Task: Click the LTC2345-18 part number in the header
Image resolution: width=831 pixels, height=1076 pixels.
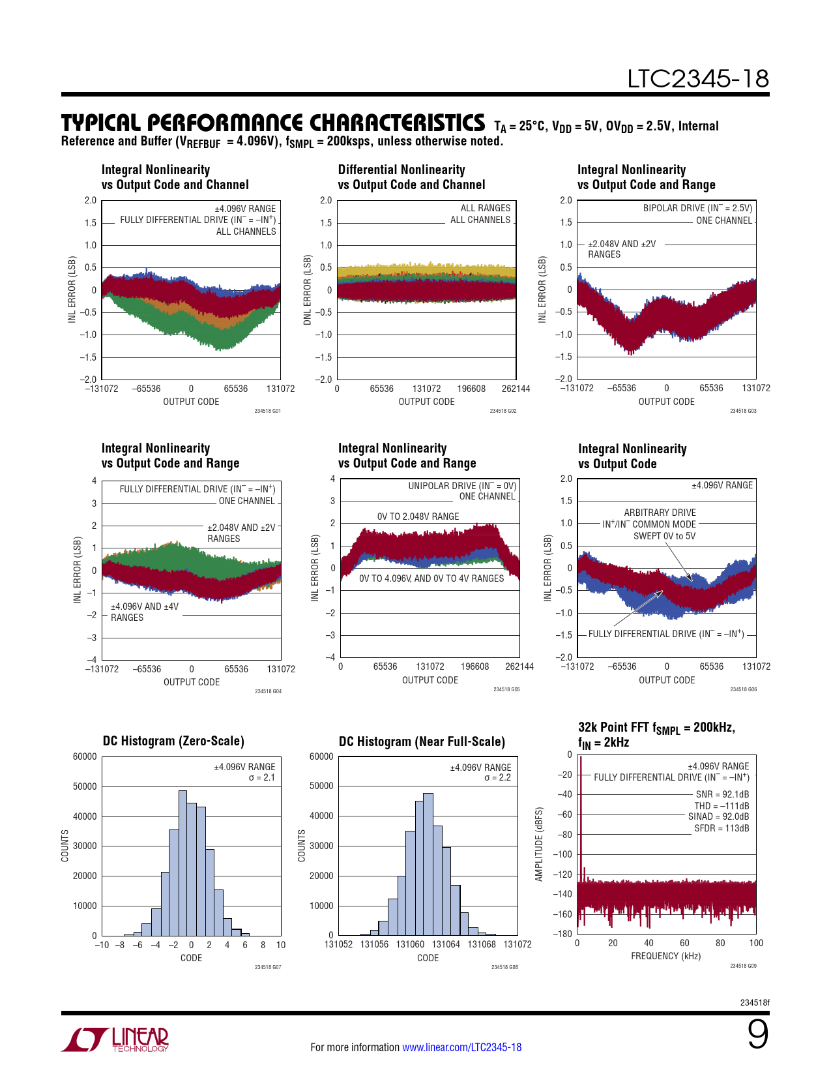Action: (697, 79)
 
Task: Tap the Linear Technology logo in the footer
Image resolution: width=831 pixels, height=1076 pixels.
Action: (115, 1039)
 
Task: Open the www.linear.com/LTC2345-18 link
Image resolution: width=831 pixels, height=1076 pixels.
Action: (461, 1047)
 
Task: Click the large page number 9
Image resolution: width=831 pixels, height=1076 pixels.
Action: (757, 1034)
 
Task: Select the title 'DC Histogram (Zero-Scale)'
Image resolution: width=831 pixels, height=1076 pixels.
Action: (173, 741)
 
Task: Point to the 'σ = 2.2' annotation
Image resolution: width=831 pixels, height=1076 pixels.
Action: (497, 778)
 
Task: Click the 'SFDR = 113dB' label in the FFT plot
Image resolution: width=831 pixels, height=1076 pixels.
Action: (721, 828)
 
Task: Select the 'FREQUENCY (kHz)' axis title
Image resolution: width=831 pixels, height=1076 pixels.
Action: (665, 956)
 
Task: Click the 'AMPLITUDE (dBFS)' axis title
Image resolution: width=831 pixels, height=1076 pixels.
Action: (539, 844)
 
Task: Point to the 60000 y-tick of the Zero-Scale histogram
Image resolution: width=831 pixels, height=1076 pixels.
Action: (85, 756)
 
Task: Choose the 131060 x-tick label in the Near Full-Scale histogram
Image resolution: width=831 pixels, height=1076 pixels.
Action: (410, 944)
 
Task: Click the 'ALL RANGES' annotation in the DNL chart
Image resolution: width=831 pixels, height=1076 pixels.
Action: (486, 208)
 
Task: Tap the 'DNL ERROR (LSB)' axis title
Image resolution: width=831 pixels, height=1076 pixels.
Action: (308, 290)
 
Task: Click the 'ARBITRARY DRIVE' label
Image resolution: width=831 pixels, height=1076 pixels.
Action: (660, 513)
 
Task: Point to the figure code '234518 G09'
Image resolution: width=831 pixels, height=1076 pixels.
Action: (743, 966)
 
